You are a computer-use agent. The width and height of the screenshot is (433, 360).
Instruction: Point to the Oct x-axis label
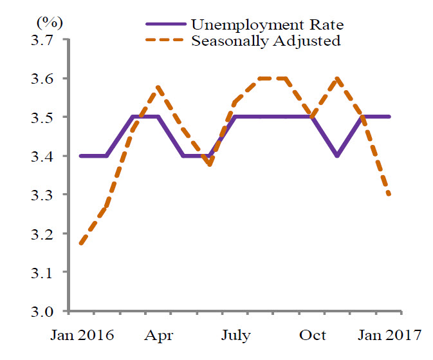[x=314, y=336]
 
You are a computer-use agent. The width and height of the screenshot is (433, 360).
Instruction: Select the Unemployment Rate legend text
[x=267, y=25]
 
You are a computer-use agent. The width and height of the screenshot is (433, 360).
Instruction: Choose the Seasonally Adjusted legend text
[x=266, y=41]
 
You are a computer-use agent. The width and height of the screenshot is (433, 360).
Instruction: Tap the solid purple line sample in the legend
[x=167, y=25]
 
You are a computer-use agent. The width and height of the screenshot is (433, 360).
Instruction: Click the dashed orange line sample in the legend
[x=167, y=41]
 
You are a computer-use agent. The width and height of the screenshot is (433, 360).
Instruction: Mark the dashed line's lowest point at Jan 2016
[x=80, y=244]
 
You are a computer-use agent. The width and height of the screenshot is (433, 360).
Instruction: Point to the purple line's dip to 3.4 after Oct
[x=336, y=156]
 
